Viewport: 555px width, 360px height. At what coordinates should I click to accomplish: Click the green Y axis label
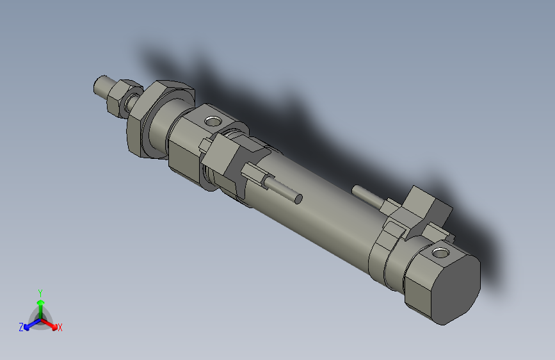(40, 292)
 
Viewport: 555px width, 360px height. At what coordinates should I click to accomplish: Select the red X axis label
(60, 328)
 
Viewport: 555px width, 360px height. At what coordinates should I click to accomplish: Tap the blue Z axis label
(20, 327)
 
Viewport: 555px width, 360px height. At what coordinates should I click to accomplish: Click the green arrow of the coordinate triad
(40, 304)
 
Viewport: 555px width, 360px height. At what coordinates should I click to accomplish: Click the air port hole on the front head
(211, 120)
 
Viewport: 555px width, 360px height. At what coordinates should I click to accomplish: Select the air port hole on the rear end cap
(441, 254)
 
